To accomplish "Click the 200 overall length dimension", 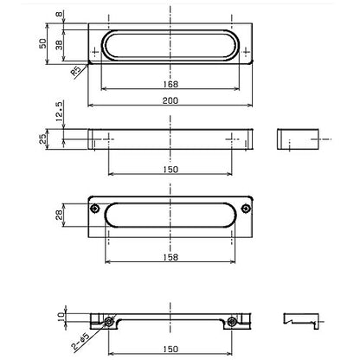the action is pos(170,100).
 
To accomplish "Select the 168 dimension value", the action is pos(170,84).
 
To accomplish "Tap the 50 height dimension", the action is pos(42,43).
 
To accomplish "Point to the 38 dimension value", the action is pos(59,45).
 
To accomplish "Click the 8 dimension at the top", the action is pos(59,14).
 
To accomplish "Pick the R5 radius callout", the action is pos(75,72).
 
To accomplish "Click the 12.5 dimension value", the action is pos(59,111).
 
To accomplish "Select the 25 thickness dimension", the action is pos(42,139).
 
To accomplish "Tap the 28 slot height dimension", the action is pos(59,215).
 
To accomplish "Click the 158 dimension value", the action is pos(170,257).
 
